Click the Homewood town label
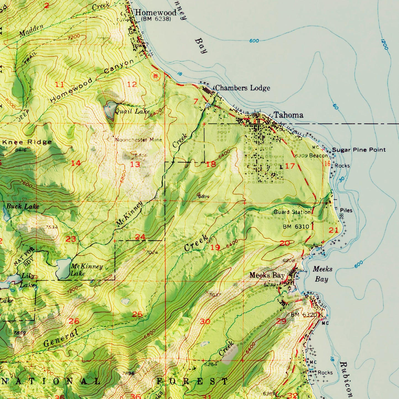[x=155, y=12]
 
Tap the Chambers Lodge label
[x=242, y=88]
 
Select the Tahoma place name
[x=288, y=115]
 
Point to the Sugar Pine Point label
[x=359, y=150]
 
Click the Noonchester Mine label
[x=139, y=140]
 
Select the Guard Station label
[x=292, y=212]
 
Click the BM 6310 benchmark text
[x=296, y=227]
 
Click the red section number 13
[x=135, y=165]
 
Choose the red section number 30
[x=205, y=321]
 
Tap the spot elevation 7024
[x=152, y=252]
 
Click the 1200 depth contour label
[x=384, y=44]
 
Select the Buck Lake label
[x=23, y=206]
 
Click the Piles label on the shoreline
[x=346, y=210]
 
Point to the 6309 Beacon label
[x=311, y=156]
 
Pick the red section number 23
[x=71, y=239]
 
